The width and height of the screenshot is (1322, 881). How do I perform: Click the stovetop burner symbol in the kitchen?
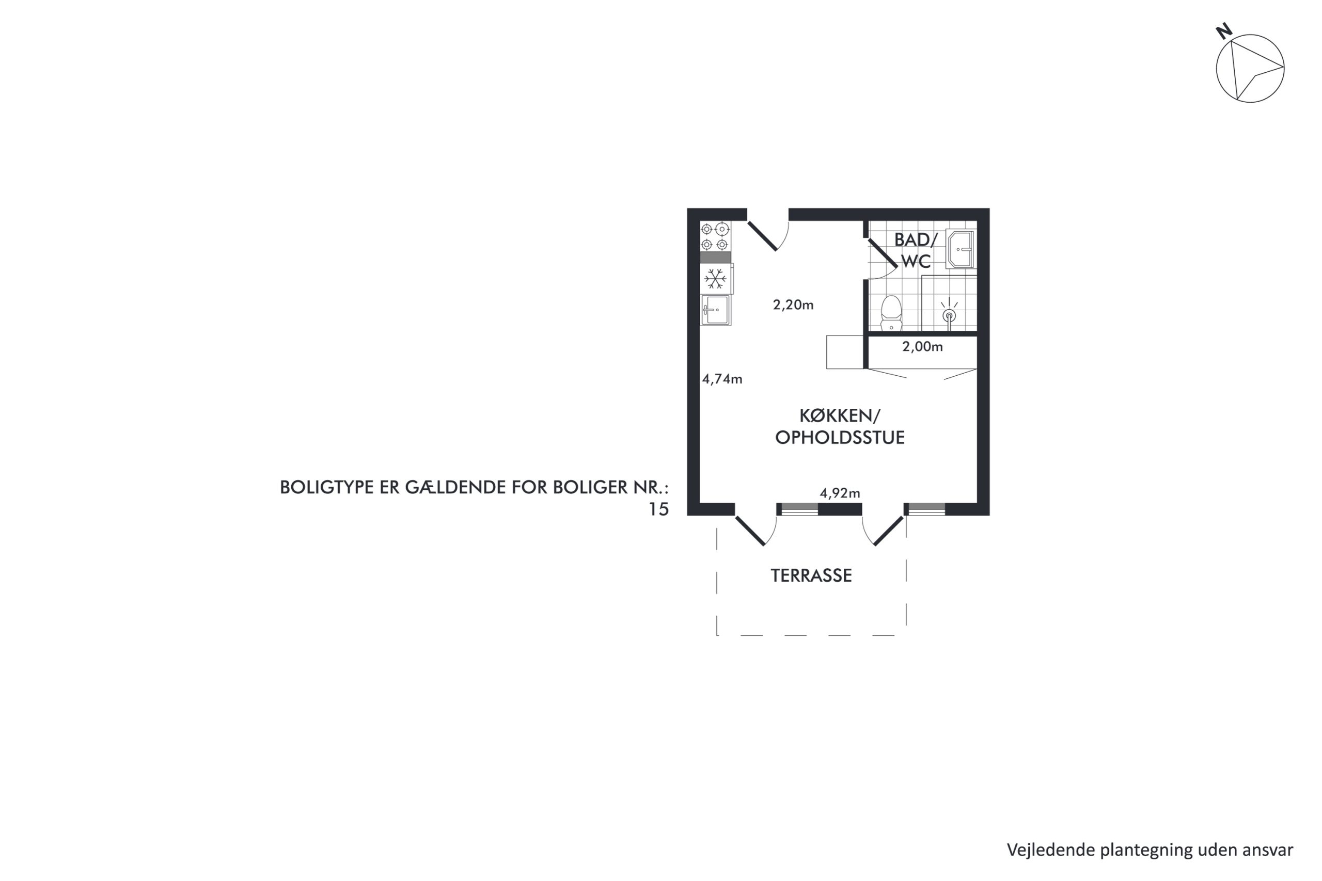point(715,236)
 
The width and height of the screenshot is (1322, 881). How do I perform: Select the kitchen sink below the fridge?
point(716,310)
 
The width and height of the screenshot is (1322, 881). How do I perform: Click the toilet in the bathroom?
point(891,313)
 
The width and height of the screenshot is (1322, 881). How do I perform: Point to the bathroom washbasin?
point(961,249)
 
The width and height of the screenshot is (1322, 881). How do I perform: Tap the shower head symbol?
point(949,313)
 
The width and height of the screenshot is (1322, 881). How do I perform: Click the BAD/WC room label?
point(916,250)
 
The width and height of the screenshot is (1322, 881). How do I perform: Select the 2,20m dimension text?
point(793,305)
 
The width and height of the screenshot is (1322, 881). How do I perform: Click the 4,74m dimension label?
point(722,379)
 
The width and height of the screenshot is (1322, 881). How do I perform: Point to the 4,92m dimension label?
point(840,493)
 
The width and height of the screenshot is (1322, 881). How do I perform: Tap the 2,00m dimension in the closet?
point(922,346)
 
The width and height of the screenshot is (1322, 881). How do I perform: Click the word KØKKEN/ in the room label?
point(840,416)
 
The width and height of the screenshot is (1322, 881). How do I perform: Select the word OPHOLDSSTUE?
point(840,438)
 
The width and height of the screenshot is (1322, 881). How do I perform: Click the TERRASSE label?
point(811,575)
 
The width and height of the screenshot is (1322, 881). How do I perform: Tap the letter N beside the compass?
point(1224,31)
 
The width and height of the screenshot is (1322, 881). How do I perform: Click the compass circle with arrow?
point(1250,68)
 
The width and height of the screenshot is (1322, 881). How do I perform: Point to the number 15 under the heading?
point(659,509)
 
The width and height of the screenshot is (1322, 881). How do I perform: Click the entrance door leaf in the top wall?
point(762,236)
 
